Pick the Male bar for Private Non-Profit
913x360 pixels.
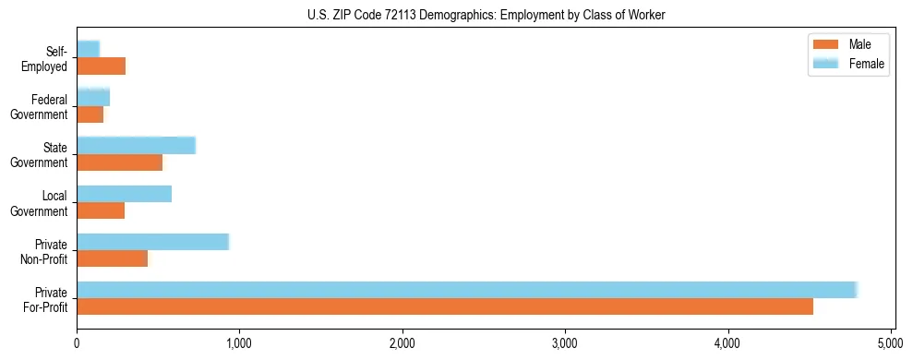pos(112,258)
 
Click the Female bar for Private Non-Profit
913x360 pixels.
pos(152,242)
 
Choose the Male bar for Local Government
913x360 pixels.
pos(101,210)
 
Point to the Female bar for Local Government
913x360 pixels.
pos(124,194)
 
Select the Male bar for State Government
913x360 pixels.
pos(119,162)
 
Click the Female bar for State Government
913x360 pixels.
pos(136,146)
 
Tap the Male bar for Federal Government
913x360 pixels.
pos(90,114)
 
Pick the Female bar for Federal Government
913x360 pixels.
pos(93,98)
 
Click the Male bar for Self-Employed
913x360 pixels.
pos(101,66)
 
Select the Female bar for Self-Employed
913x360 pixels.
pos(88,49)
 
